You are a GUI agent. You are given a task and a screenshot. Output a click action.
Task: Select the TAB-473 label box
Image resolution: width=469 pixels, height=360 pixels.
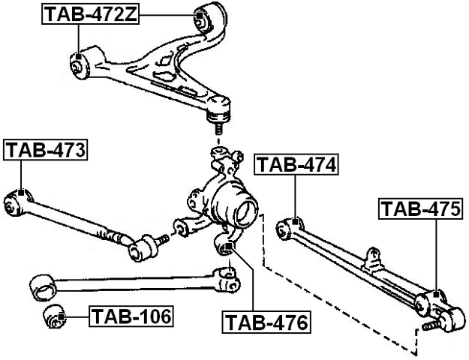(x=46, y=151)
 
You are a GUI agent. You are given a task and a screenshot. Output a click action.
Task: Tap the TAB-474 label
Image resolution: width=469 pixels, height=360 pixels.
(x=296, y=165)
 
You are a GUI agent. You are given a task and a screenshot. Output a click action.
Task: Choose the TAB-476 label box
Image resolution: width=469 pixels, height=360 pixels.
(x=266, y=323)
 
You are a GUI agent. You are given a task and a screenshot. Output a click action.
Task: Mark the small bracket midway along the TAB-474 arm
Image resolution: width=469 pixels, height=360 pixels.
(x=370, y=259)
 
